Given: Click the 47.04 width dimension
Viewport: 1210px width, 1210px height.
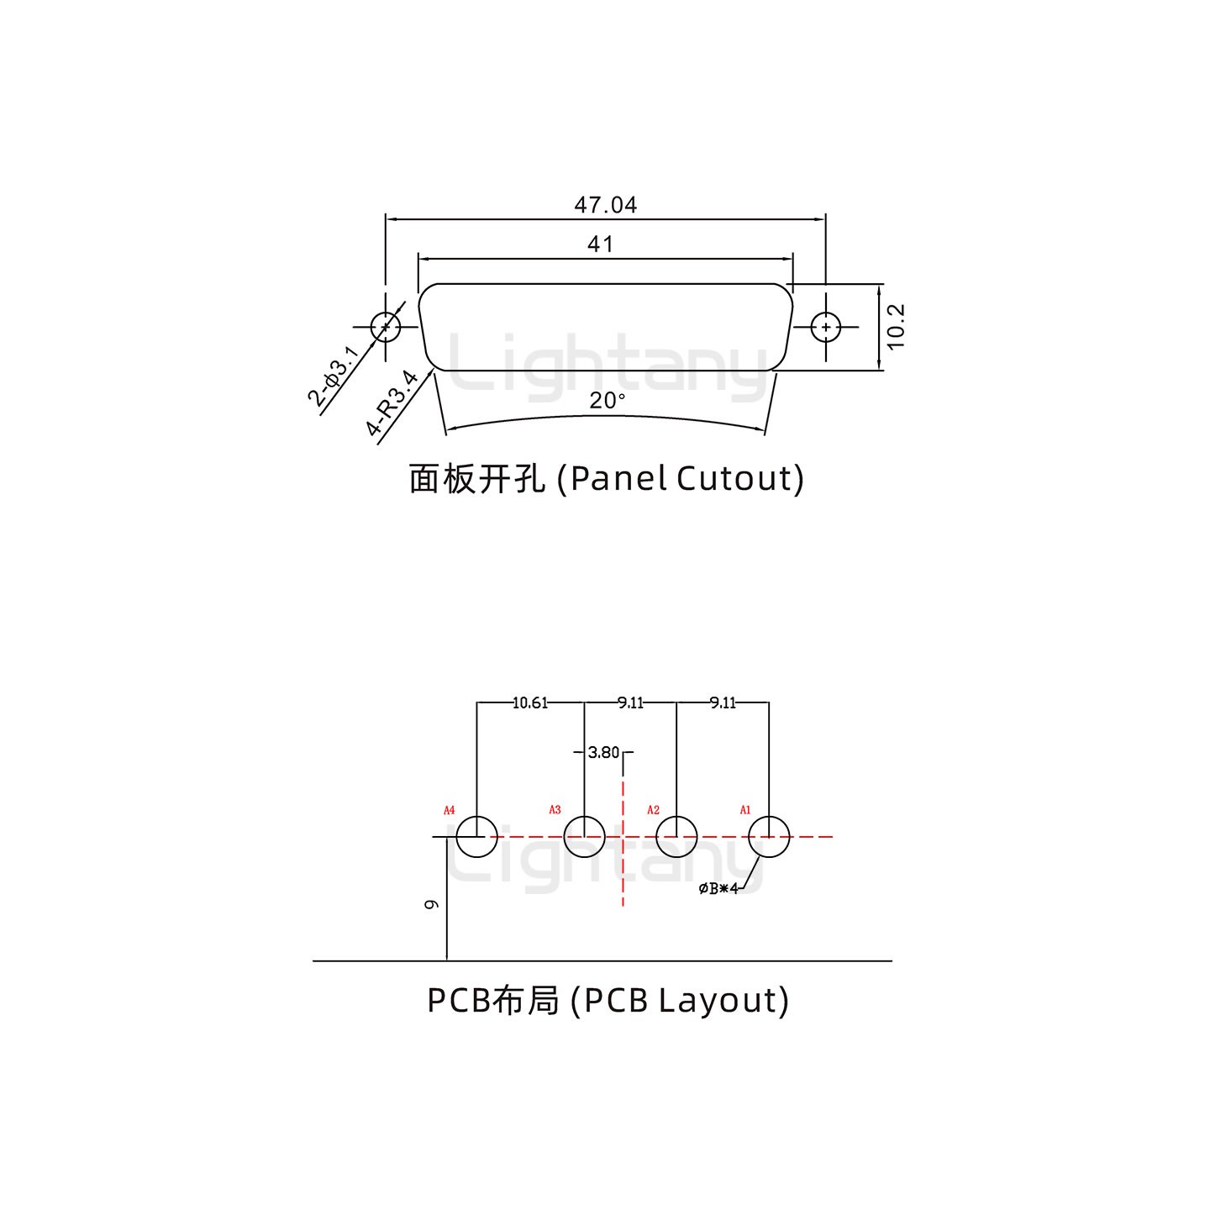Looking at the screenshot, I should [605, 205].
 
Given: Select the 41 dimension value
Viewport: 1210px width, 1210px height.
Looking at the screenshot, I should [600, 245].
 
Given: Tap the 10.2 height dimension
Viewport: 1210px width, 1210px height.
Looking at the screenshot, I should [896, 326].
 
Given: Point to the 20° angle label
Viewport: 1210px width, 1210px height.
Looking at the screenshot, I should [607, 401].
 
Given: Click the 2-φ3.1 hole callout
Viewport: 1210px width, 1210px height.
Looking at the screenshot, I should [333, 376].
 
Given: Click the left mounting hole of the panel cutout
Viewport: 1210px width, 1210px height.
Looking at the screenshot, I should [385, 326].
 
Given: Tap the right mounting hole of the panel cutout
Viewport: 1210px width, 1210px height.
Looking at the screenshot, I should [826, 326].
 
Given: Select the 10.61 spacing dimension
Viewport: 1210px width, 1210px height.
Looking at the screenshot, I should [529, 702].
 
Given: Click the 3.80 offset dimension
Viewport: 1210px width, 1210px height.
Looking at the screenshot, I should [603, 753].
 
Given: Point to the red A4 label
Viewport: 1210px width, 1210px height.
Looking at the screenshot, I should [449, 810].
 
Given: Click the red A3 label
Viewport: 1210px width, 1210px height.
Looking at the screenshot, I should [555, 810].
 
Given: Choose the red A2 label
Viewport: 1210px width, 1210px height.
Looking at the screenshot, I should [653, 810].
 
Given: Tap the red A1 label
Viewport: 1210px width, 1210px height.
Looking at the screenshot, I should [744, 810].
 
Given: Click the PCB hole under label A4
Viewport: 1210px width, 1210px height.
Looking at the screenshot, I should [476, 837].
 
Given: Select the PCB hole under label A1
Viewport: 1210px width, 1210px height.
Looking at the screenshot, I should [768, 837].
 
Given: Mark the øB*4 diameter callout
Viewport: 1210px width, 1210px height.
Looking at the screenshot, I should [718, 889].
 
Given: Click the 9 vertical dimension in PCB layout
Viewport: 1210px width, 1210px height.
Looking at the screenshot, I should [431, 904].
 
